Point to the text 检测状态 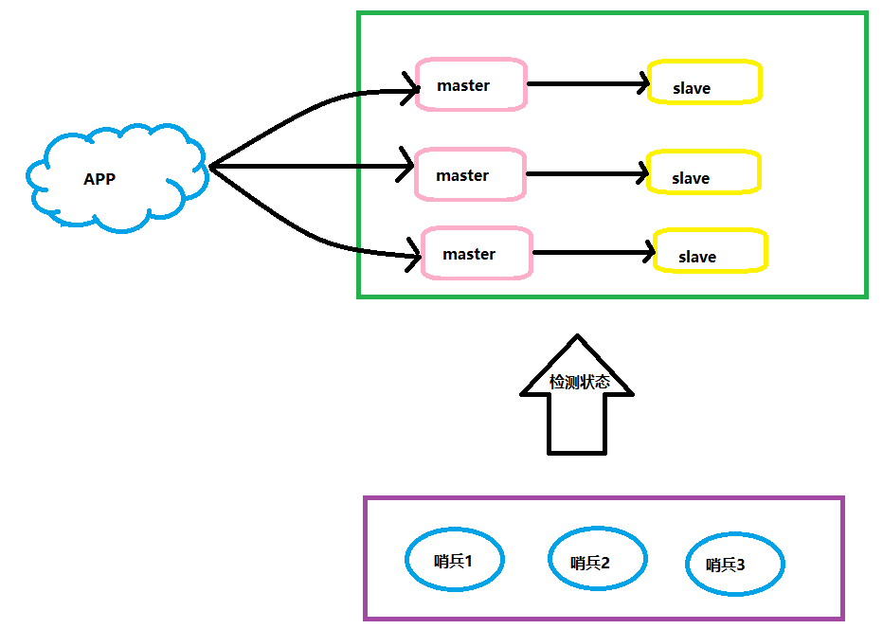[580, 382]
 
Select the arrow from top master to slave [587, 84]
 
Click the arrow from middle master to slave [586, 174]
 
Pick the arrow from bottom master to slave [593, 253]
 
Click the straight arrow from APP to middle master [312, 166]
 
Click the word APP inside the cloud [99, 179]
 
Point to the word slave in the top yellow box [692, 88]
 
